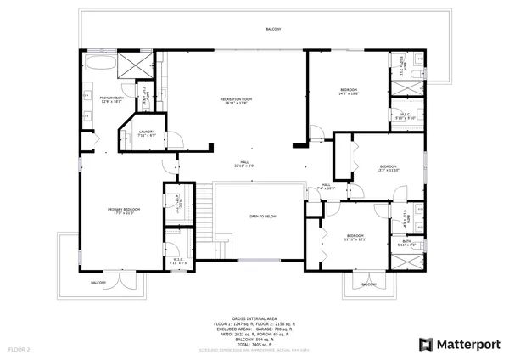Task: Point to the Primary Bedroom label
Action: tap(123, 211)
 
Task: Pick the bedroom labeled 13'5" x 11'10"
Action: tap(389, 168)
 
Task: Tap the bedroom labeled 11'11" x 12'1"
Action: tap(355, 237)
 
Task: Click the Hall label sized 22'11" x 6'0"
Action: tap(244, 164)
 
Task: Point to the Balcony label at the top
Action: tap(273, 29)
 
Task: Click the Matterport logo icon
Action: tap(427, 344)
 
